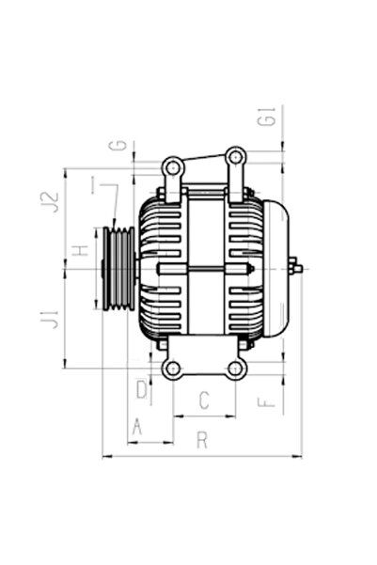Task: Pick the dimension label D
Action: pos(141,387)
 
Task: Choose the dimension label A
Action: pos(137,427)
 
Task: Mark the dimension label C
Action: pos(203,401)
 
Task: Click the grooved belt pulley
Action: pos(117,269)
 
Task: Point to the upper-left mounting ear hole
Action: pos(172,167)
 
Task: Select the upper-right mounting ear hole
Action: pos(235,155)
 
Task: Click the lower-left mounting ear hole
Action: pos(172,368)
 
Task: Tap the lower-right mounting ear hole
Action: pos(237,368)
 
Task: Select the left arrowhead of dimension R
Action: pos(103,457)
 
